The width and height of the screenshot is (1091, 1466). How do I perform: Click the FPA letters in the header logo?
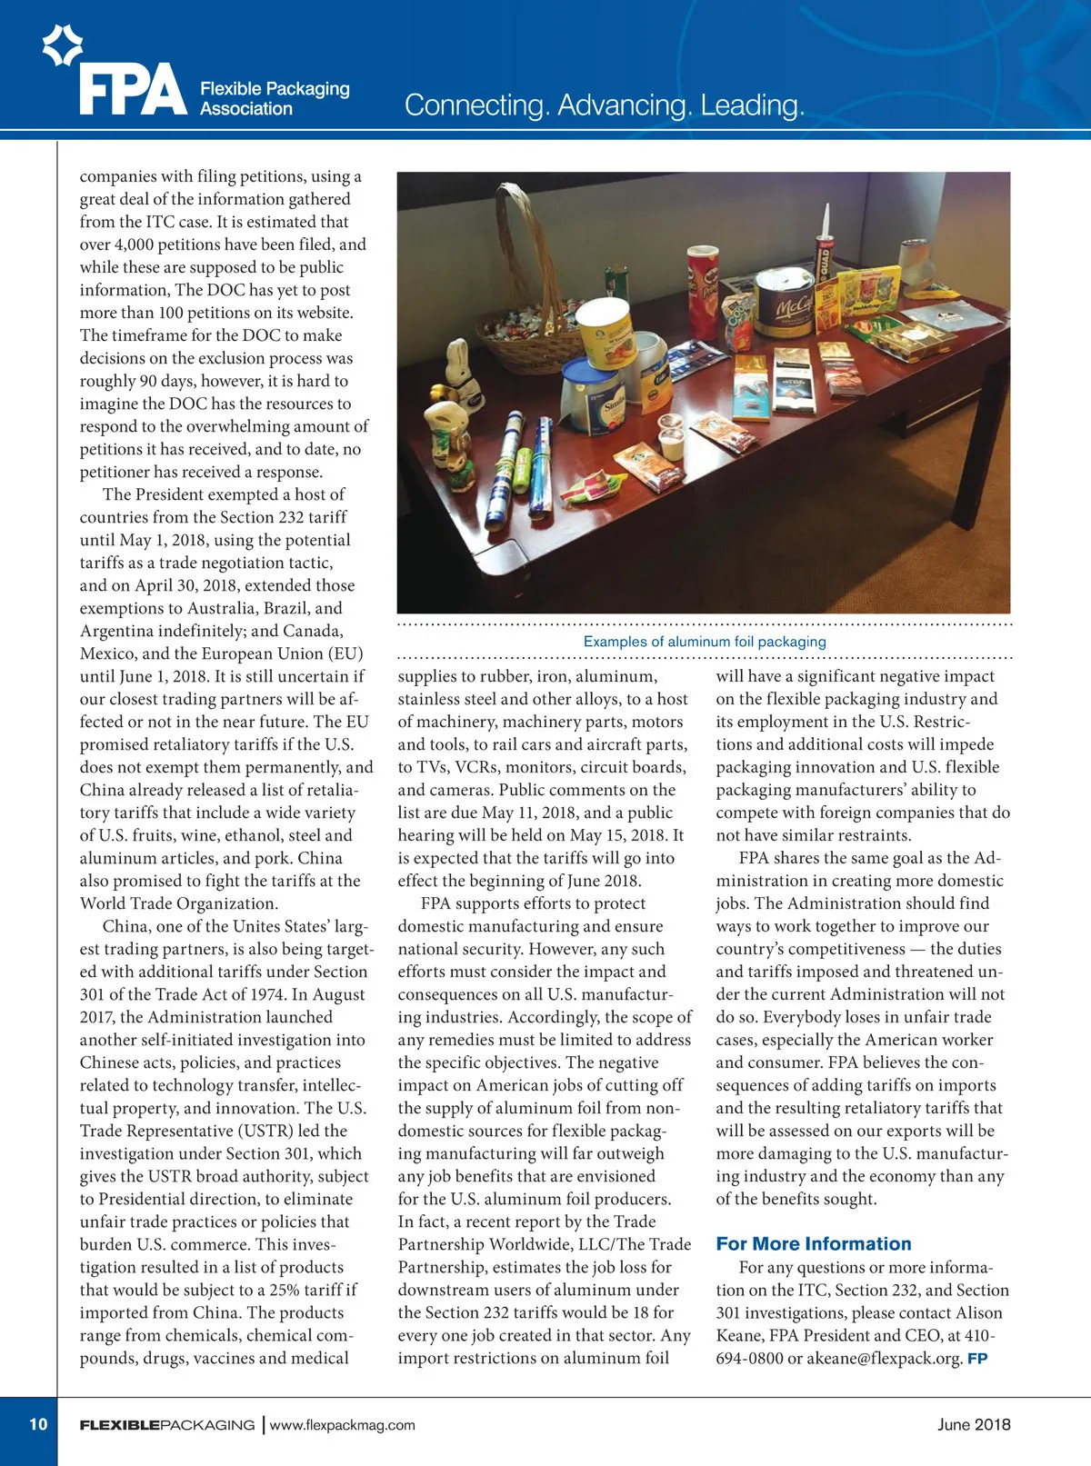133,90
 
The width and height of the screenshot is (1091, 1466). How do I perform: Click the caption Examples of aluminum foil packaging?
705,642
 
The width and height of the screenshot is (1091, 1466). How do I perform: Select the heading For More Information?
814,1244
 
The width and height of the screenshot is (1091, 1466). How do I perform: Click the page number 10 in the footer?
38,1424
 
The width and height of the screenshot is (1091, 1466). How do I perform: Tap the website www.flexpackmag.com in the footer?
343,1425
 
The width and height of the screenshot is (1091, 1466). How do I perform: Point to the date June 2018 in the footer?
974,1424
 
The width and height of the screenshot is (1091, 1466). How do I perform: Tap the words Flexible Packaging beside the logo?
275,88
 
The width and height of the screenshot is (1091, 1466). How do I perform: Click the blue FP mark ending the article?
977,1359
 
